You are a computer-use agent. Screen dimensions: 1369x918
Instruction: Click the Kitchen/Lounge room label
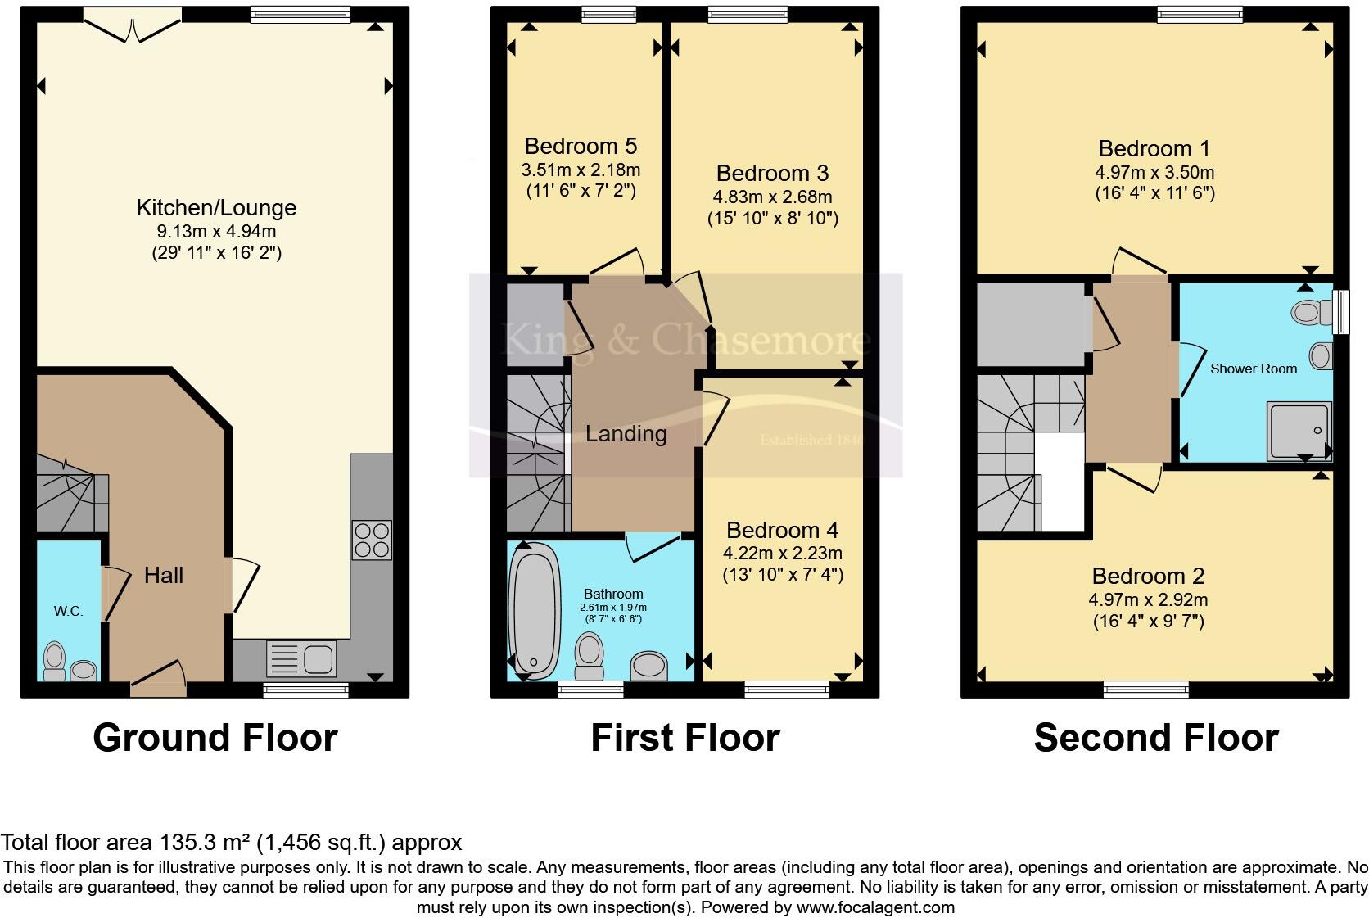coord(216,208)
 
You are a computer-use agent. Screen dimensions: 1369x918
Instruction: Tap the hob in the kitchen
coord(371,540)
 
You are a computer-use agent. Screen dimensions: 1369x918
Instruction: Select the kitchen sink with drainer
coord(301,658)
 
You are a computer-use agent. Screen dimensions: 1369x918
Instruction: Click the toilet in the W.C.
coord(55,661)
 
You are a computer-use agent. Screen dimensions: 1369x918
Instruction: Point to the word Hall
coord(164,576)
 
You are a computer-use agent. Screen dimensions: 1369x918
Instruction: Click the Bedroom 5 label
coord(581,147)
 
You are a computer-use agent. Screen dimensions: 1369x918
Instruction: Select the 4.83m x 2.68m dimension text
coord(772,197)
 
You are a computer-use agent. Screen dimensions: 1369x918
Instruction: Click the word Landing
coord(626,434)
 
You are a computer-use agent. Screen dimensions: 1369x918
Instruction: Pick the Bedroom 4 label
coord(782,531)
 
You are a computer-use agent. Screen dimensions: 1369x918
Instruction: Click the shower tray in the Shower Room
coord(1298,430)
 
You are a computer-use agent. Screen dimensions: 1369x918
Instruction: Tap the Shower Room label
coord(1254,369)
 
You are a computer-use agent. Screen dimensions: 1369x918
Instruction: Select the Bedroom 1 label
coord(1154,149)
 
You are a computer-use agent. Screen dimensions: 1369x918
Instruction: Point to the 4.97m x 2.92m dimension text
coord(1148,600)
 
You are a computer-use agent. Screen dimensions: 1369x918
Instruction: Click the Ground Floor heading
coord(215,738)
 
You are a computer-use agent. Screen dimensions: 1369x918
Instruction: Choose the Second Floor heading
coord(1155,738)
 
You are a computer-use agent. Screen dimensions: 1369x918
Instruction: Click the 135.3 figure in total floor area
coord(186,843)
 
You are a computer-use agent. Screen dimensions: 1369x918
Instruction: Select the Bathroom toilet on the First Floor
coord(589,658)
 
